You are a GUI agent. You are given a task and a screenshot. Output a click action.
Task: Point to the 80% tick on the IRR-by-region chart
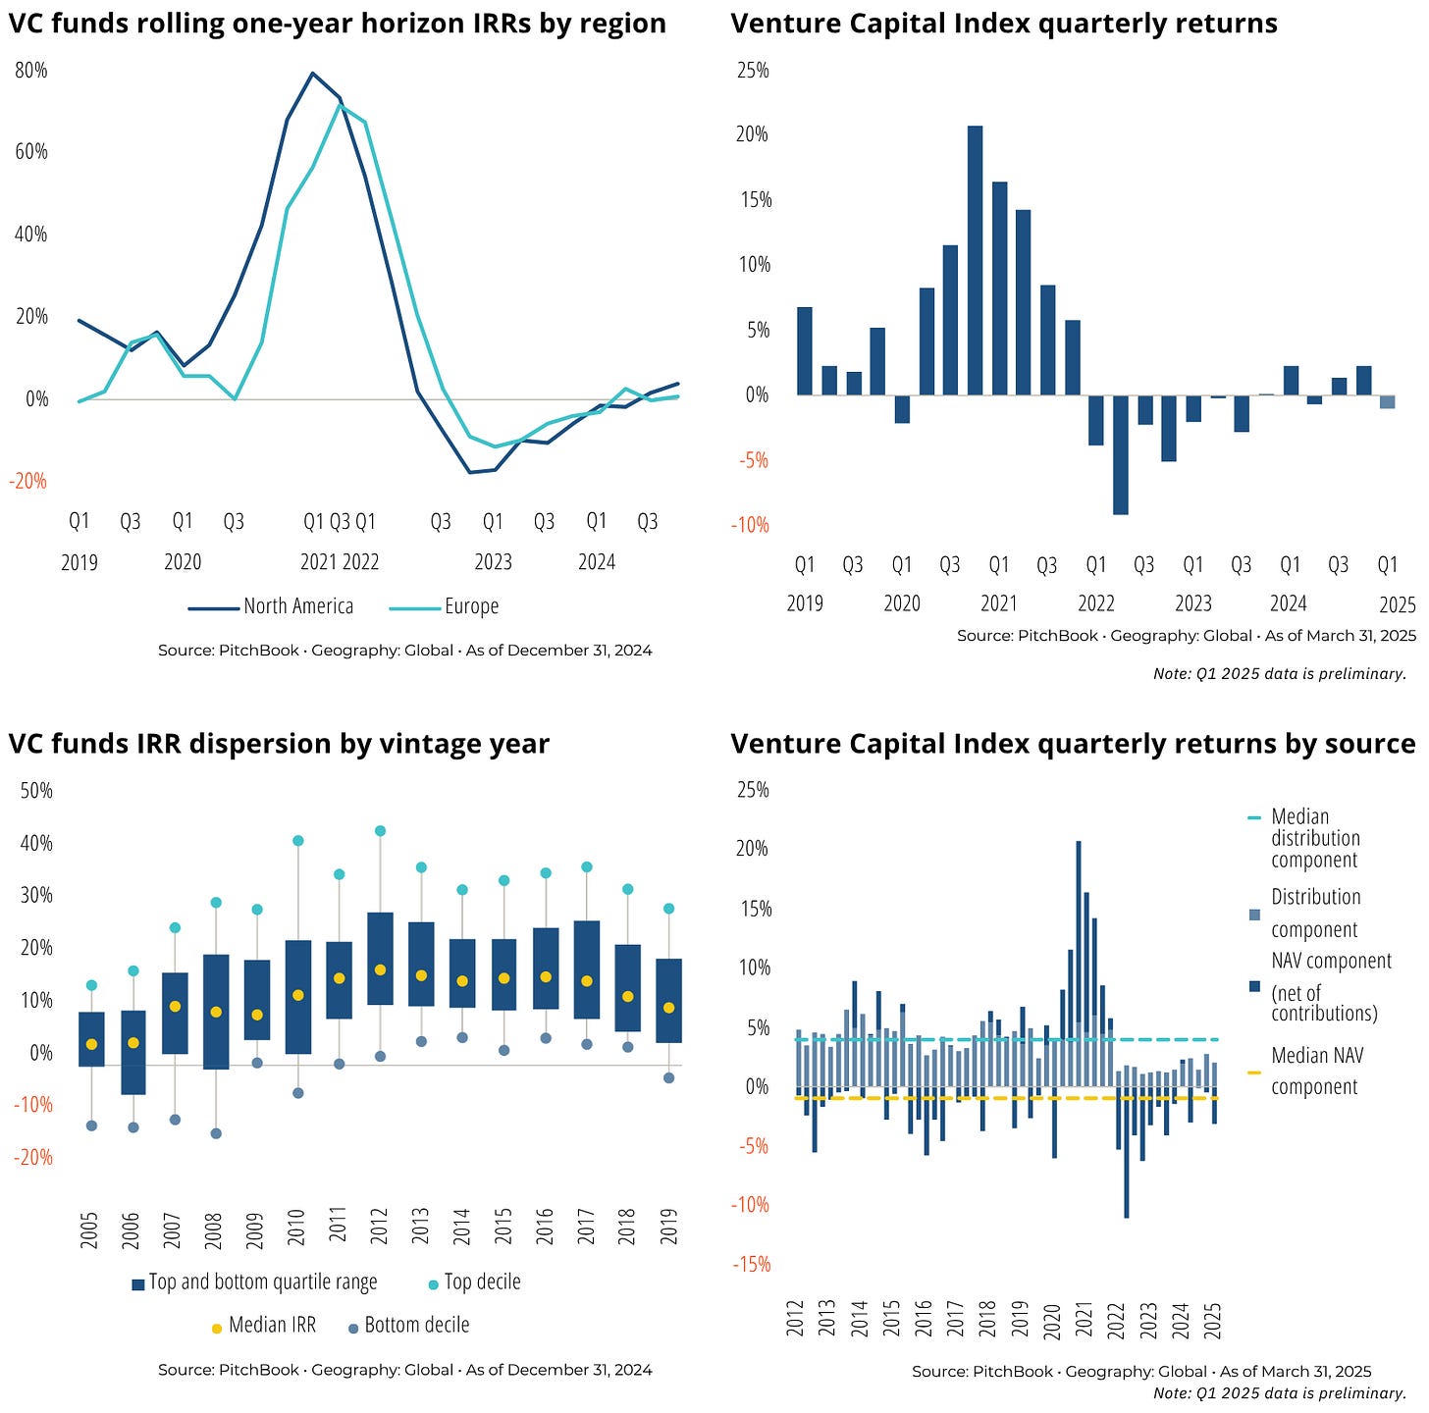tap(31, 71)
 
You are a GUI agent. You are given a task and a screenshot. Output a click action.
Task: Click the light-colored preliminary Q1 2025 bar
tap(1387, 401)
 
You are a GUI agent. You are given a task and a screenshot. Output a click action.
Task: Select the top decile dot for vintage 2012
tap(380, 830)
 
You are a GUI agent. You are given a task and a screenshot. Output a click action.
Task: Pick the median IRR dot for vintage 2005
tap(91, 1044)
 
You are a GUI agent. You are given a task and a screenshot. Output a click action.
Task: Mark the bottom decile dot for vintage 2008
tap(216, 1133)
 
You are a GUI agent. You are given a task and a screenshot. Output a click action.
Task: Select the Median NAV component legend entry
tap(1316, 1071)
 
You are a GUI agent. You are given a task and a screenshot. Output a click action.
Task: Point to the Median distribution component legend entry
tap(1315, 838)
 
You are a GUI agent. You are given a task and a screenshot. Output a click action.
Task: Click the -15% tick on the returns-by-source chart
tap(754, 1264)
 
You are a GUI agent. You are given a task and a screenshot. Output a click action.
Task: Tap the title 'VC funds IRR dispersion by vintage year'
tap(279, 744)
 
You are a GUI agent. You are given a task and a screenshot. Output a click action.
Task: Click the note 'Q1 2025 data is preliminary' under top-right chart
tap(1280, 673)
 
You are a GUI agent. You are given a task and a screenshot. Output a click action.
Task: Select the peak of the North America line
tap(312, 73)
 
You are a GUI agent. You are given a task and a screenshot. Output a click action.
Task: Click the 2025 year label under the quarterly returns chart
tap(1397, 603)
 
